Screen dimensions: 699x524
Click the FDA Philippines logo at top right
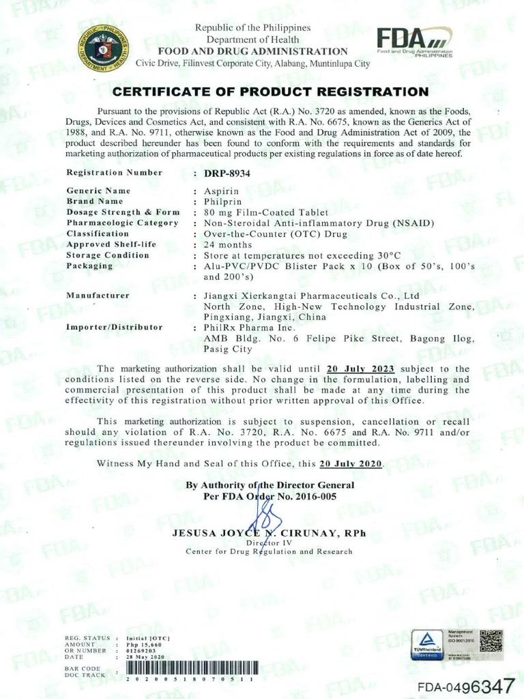[x=415, y=44]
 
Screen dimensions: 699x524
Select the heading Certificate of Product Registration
[x=270, y=91]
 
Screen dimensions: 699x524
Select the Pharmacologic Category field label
[x=122, y=223]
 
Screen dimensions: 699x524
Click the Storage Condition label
[x=107, y=255]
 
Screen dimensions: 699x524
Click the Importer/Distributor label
[x=114, y=328]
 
